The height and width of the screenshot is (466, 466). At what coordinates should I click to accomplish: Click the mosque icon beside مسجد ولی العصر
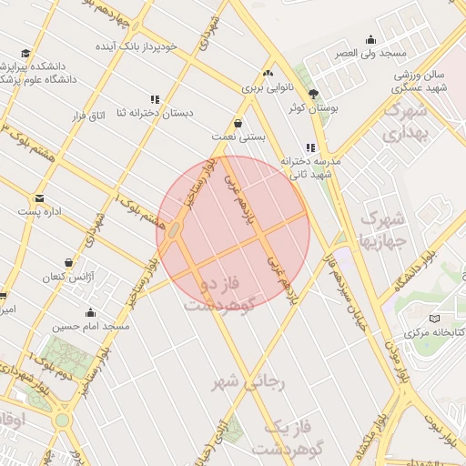pyautogui.click(x=370, y=39)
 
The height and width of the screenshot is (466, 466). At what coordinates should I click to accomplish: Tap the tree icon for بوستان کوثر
pyautogui.click(x=314, y=94)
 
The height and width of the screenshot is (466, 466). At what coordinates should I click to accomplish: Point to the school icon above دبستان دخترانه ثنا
pyautogui.click(x=154, y=99)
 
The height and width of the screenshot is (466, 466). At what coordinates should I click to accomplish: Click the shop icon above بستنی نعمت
pyautogui.click(x=238, y=122)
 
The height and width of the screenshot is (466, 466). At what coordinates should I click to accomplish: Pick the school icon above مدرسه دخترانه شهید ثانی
pyautogui.click(x=311, y=147)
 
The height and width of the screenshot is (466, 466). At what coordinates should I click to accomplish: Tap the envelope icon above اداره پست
pyautogui.click(x=39, y=198)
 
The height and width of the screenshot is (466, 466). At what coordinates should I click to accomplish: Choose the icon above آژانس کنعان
pyautogui.click(x=69, y=262)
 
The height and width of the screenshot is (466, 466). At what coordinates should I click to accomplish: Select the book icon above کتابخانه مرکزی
pyautogui.click(x=434, y=318)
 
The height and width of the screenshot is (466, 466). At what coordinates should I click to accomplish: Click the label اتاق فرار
pyautogui.click(x=88, y=116)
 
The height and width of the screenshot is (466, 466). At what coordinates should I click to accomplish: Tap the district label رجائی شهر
pyautogui.click(x=249, y=382)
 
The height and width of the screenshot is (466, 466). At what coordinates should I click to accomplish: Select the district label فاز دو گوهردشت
pyautogui.click(x=218, y=295)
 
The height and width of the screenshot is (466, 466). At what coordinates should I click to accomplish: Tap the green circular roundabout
pyautogui.click(x=62, y=421)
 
